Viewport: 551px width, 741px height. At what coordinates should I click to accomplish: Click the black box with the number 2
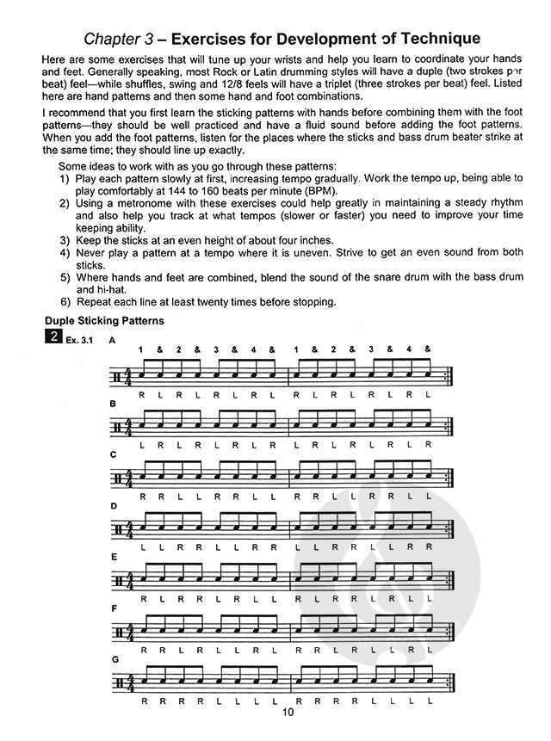coord(55,337)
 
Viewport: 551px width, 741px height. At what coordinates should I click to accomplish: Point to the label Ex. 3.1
coord(83,341)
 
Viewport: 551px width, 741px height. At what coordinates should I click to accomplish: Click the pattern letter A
coord(112,341)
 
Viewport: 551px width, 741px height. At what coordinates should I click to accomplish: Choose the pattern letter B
coord(112,402)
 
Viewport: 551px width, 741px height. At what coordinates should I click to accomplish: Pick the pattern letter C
coord(112,454)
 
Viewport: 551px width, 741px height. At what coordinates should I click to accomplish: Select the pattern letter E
coord(112,557)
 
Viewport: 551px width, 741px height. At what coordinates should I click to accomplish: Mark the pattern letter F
coord(112,608)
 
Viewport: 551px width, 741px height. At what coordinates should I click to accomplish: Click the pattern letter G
coord(112,660)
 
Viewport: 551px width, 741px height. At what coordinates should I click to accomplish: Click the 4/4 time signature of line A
coord(130,376)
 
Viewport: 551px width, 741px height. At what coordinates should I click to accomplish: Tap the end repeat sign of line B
coord(450,428)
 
